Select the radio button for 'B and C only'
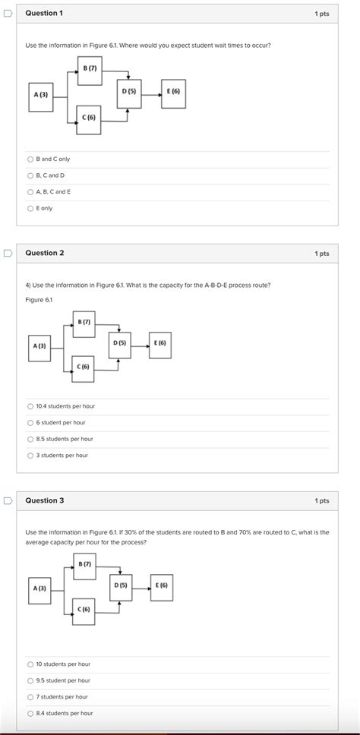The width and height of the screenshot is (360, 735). (30, 159)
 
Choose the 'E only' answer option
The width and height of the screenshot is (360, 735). (30, 208)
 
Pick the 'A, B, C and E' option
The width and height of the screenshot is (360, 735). (30, 191)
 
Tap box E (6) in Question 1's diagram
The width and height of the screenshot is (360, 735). (173, 93)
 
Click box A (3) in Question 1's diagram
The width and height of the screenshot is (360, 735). (41, 96)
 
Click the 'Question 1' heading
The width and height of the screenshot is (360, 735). (44, 14)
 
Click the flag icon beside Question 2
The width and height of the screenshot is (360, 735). (7, 253)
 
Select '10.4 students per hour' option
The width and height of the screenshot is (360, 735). (30, 406)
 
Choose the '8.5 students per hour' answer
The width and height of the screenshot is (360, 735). (30, 439)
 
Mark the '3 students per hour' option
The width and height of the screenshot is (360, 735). (30, 456)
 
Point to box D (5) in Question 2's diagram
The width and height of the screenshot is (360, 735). (119, 345)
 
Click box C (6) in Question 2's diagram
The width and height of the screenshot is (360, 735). (83, 368)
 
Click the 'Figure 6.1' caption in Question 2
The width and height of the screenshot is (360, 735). (39, 300)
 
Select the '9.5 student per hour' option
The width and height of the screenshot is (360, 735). (30, 680)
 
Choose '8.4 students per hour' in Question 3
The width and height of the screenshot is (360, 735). (30, 713)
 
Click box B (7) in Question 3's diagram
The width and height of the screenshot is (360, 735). (84, 566)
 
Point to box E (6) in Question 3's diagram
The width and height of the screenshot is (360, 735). (162, 587)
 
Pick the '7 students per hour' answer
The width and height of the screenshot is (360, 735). (30, 696)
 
